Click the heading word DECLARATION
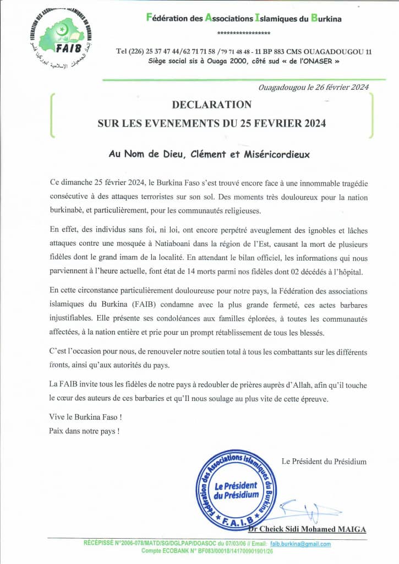(x=212, y=105)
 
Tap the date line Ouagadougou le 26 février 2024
(x=314, y=87)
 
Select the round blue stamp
(x=236, y=490)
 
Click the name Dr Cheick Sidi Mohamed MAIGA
(x=307, y=529)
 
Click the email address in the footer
(x=305, y=544)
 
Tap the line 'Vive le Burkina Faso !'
(x=85, y=416)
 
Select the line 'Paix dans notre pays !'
(x=84, y=431)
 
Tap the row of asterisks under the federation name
(x=244, y=33)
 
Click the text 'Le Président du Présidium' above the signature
(x=324, y=462)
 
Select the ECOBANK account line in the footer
(x=207, y=551)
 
